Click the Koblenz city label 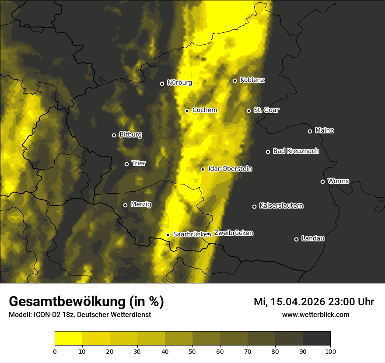252,80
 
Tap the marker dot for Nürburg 162,84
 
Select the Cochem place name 204,110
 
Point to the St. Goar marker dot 248,111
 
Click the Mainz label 324,130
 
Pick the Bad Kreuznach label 296,151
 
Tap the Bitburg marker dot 114,135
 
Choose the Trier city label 138,163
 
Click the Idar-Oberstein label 230,168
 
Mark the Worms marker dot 322,181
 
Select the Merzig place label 141,204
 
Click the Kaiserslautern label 281,206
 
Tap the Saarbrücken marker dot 168,235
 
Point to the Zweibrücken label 233,233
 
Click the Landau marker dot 296,239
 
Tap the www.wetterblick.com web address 315,315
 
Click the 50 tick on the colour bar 192,351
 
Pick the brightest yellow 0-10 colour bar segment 68,339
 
